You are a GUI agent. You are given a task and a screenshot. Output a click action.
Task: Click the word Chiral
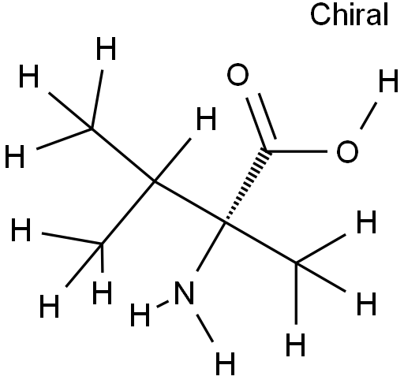coord(349,14)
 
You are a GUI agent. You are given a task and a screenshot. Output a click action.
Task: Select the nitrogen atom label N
coord(184,292)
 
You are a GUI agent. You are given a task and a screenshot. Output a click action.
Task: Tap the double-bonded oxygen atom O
coord(238,74)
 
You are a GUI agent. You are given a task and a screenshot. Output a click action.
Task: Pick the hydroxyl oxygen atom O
coord(347,151)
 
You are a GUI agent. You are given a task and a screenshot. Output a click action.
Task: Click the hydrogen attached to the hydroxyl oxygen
coord(388,81)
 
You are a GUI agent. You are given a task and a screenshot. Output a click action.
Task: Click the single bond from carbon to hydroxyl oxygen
coord(297,151)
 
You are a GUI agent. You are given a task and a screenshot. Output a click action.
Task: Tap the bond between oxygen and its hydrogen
coord(368,116)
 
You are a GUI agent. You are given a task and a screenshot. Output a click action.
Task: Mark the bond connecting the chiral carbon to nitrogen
coord(211,247)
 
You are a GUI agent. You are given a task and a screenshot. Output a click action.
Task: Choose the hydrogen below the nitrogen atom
coord(225,364)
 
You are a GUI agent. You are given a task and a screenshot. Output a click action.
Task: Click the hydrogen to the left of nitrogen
coord(140,315)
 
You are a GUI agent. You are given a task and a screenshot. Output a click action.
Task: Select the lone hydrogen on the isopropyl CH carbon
coord(207,118)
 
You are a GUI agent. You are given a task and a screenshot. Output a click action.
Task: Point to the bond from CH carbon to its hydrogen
coord(173,160)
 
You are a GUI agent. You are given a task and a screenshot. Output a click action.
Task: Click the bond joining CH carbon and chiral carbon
coord(190,203)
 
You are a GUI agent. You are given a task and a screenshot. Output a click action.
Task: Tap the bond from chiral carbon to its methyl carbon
coord(261,243)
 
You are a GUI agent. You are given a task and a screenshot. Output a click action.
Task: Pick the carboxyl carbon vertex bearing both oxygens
coord(267,151)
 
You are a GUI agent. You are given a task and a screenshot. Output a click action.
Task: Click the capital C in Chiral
coord(320,14)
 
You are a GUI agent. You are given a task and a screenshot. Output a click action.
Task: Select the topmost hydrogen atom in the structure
coord(106,48)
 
